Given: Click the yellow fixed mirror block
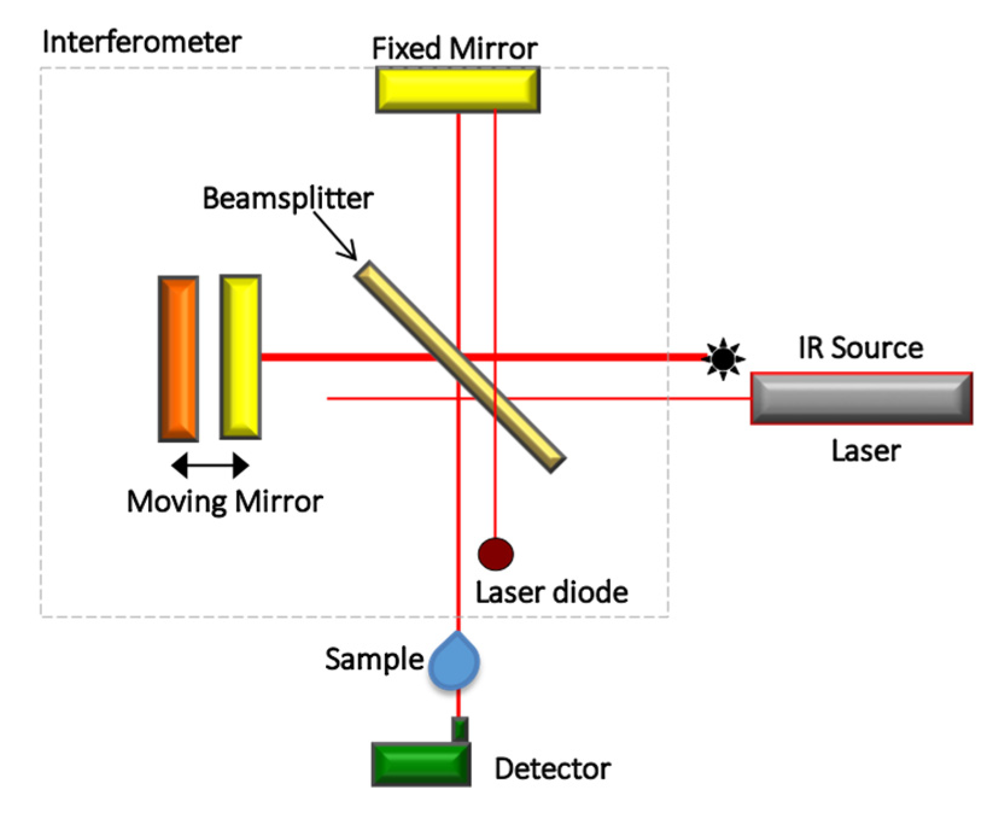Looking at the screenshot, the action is coord(458,90).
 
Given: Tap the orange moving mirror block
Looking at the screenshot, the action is coord(179,358).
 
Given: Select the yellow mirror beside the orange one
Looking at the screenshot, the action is coord(240,356).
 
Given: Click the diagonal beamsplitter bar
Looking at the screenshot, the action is coord(460,367).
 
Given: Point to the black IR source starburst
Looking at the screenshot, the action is coord(723,359).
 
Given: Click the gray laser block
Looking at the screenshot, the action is coord(861,398).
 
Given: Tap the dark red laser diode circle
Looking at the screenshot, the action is coord(496,554).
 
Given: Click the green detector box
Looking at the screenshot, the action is coord(421,764).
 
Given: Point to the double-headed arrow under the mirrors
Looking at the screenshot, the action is coord(210,465).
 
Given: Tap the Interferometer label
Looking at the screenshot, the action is coord(142,42).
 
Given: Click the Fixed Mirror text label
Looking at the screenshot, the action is coord(455,48).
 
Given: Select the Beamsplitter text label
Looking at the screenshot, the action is coord(288,198).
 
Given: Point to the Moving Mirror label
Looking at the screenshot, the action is coord(225,502).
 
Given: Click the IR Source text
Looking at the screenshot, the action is coord(861,348).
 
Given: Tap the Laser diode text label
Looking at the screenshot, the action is coord(552,592).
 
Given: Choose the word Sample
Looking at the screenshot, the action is coord(375,659).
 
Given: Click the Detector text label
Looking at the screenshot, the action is coord(552,769).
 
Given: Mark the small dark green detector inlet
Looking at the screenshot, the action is coord(460,730).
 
